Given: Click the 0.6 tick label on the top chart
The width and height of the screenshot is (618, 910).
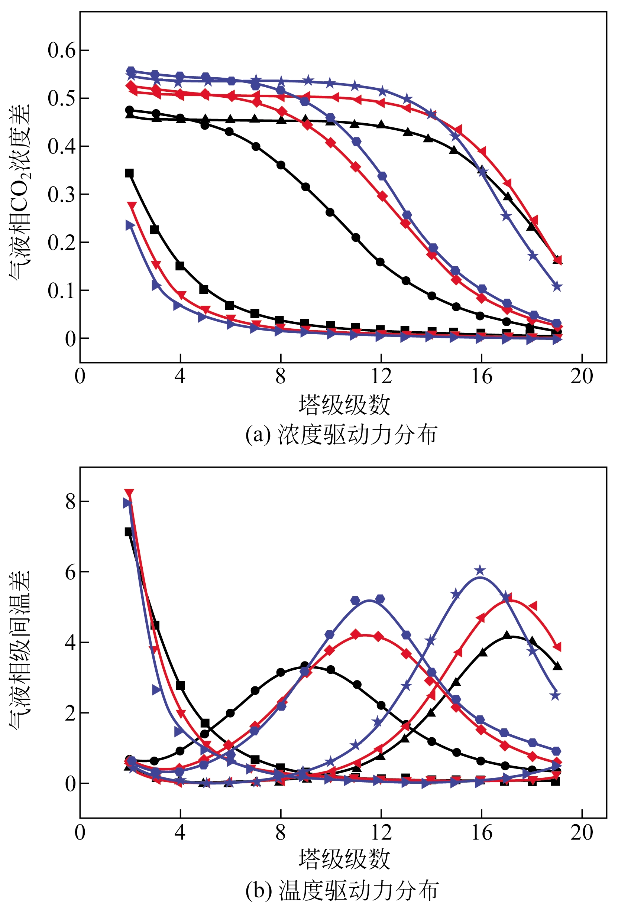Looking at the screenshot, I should pos(62,51).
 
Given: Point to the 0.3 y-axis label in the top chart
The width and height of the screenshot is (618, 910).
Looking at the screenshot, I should pos(62,195).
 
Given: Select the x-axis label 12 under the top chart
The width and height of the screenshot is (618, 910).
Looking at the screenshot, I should pos(381,377).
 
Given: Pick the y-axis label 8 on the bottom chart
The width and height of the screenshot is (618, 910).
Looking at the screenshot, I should pos(71,501).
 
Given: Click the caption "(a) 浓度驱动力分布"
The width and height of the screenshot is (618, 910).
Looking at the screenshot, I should pos(341,435).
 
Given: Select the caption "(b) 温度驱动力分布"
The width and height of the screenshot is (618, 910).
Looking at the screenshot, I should pos(341,891).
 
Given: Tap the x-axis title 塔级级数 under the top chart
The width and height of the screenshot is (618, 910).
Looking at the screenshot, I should pos(344,405).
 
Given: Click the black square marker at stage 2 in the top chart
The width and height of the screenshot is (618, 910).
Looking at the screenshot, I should pos(129,173).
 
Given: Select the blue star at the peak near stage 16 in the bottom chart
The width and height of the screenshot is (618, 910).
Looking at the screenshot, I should pos(480,571).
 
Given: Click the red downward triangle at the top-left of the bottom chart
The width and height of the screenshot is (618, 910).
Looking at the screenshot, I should pos(129,493).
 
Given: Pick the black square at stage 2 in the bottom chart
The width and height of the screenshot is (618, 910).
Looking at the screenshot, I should pos(129,532).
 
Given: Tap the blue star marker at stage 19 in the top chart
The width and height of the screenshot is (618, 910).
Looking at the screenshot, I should pos(557,287).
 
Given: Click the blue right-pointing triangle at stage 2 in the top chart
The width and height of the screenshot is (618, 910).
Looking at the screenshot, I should pos(130,225).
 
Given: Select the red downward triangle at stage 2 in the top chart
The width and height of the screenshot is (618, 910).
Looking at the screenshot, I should pos(132,205).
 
